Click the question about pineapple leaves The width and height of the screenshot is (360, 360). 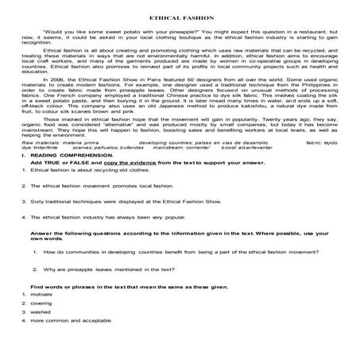pos(103,291)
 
